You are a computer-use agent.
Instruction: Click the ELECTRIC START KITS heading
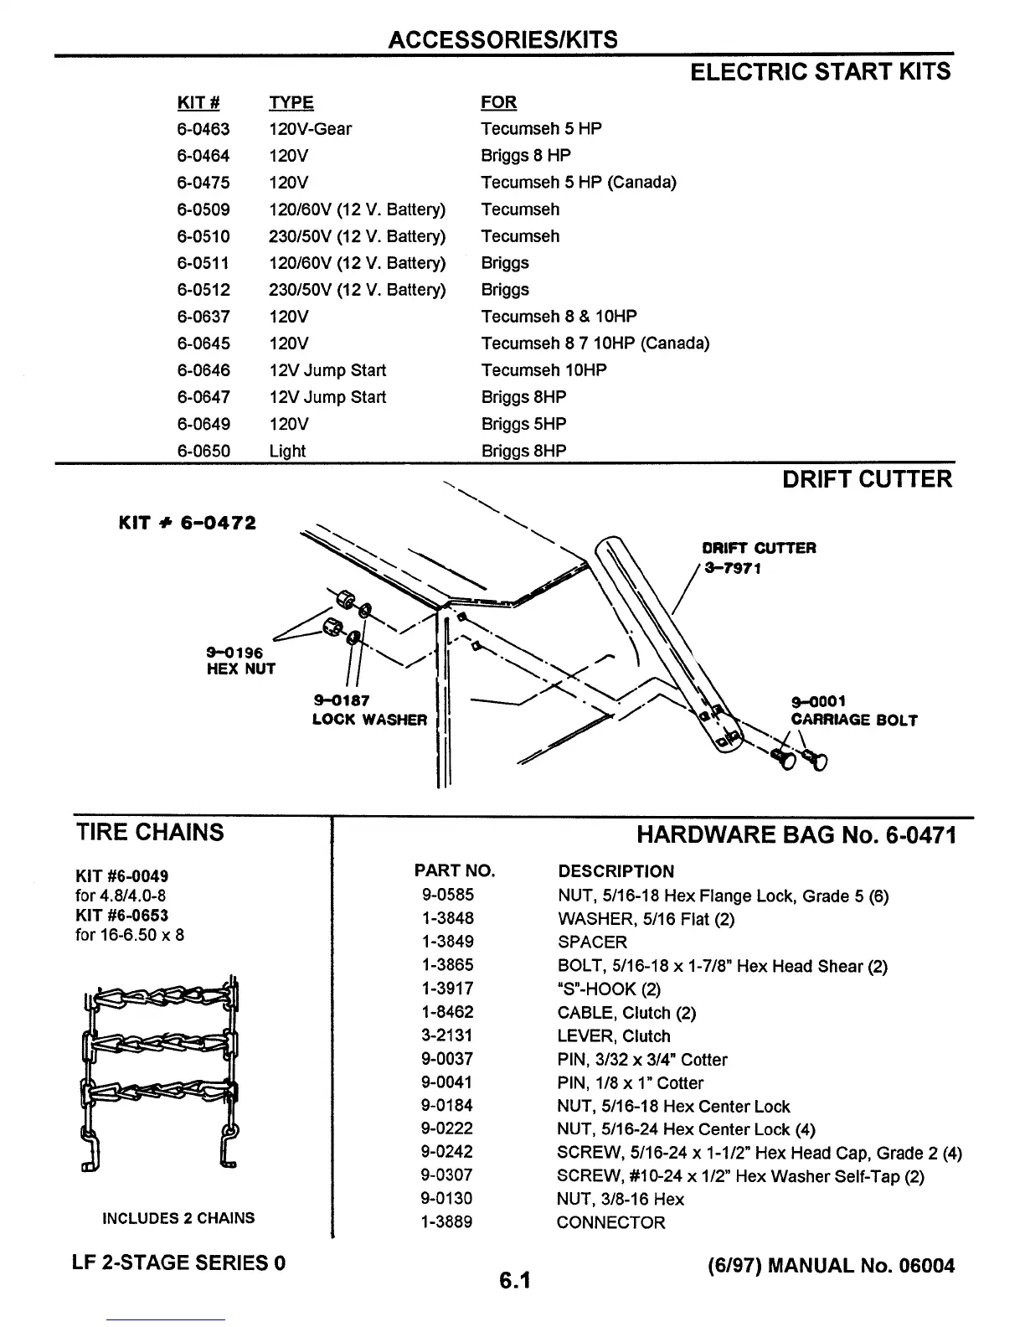[x=820, y=71]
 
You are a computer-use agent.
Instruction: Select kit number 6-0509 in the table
[x=203, y=209]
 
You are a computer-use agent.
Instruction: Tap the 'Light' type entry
[x=287, y=451]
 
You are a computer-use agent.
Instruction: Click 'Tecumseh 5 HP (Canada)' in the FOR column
[x=578, y=183]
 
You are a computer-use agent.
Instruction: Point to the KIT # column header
[x=198, y=103]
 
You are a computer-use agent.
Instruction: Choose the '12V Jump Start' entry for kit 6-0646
[x=327, y=370]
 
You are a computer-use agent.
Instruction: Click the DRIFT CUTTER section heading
[x=867, y=479]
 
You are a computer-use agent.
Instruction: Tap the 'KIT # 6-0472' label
[x=187, y=524]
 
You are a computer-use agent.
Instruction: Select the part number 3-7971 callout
[x=733, y=568]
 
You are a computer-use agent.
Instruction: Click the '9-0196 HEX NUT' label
[x=240, y=661]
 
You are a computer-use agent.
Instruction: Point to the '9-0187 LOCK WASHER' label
[x=369, y=710]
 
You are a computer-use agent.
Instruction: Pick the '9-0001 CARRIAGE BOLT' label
[x=853, y=711]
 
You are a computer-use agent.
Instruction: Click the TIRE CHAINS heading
[x=150, y=832]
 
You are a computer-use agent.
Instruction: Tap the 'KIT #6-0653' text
[x=121, y=916]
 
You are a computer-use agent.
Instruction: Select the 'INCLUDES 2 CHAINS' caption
[x=178, y=1218]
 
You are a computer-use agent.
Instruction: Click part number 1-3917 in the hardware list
[x=447, y=989]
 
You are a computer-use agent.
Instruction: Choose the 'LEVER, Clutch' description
[x=614, y=1036]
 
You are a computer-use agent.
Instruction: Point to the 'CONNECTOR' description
[x=610, y=1222]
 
